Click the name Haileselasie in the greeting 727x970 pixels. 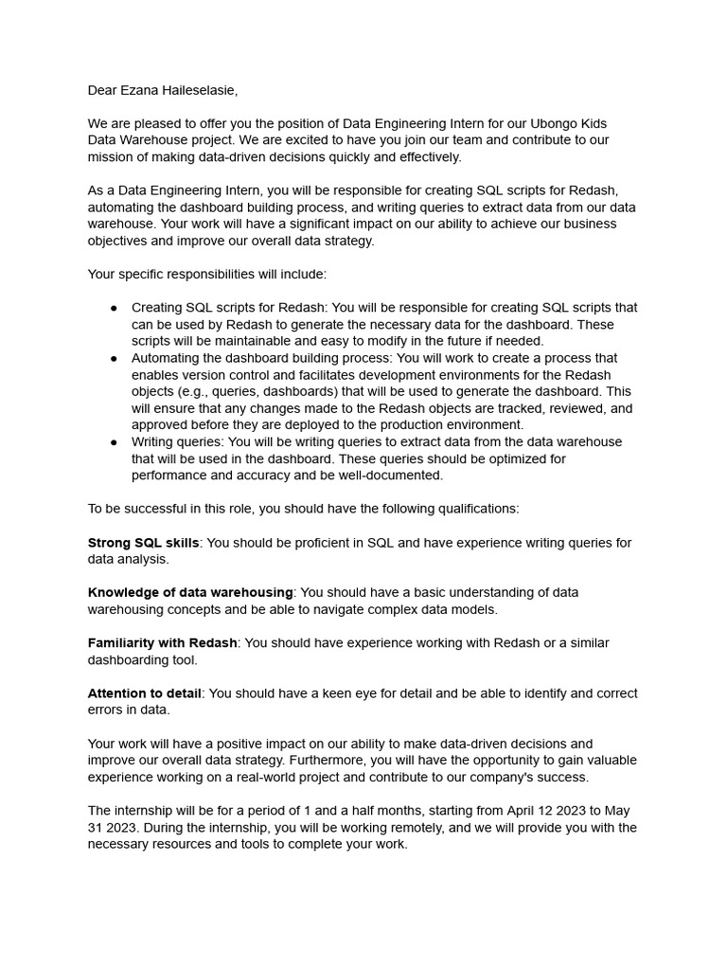point(196,90)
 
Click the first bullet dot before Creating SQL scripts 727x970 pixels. point(114,308)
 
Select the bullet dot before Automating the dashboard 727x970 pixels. point(114,358)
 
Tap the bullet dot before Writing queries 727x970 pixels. point(114,442)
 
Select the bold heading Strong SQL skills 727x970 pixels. point(143,543)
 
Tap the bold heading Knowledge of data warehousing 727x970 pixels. point(190,593)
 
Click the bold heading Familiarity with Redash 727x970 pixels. point(162,643)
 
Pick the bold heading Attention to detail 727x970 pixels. point(144,693)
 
